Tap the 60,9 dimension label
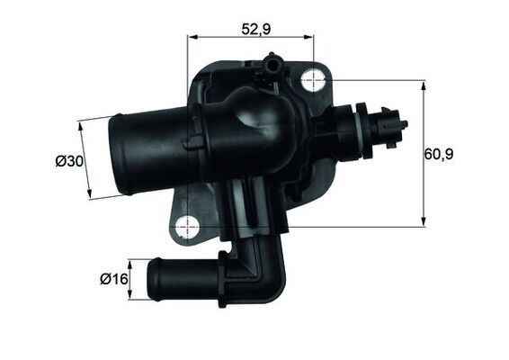438,154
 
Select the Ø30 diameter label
69,161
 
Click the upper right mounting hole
312,79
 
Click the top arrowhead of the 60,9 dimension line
423,84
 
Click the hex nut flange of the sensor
360,125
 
